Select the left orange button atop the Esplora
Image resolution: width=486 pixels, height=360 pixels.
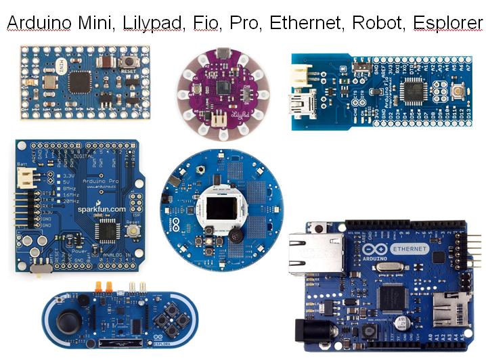pyautogui.click(x=99, y=286)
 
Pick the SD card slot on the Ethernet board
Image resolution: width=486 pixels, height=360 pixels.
pyautogui.click(x=449, y=302)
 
